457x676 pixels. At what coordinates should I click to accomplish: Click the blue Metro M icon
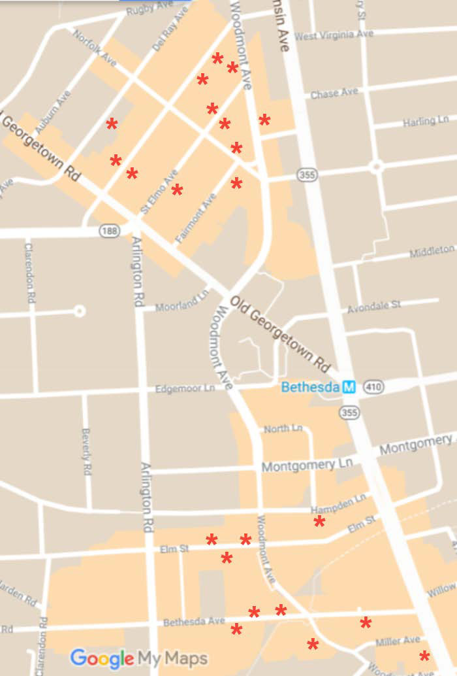349,387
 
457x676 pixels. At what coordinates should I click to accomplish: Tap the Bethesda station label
310,387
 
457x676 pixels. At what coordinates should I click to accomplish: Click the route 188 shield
109,231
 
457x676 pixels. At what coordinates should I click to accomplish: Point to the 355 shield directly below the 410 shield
349,413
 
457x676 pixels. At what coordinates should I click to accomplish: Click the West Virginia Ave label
334,35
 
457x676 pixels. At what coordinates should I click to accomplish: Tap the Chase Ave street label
334,93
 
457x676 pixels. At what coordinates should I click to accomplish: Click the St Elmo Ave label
159,192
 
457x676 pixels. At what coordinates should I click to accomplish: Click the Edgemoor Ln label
185,389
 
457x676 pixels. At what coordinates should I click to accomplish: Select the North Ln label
283,429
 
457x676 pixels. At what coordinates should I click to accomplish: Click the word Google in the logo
101,657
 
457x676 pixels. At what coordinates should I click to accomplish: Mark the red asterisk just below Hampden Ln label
319,521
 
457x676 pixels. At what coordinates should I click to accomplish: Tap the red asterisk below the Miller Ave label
424,656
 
